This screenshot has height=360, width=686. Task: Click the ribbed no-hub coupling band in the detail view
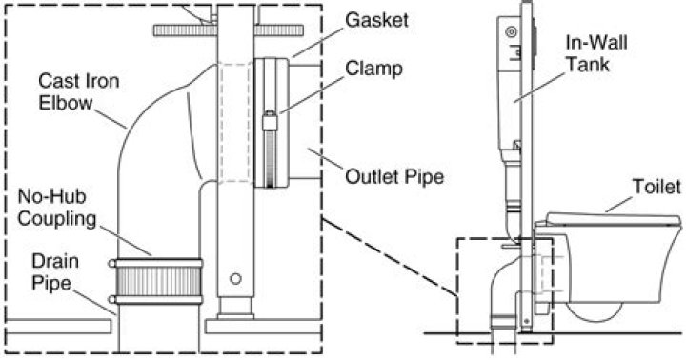(158, 281)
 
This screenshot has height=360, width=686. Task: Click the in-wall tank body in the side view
(510, 86)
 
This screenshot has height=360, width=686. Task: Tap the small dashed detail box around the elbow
(459, 286)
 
